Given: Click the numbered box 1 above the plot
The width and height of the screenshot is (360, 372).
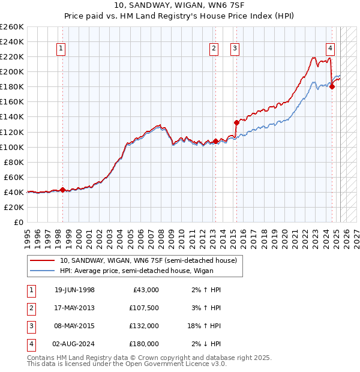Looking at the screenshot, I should coord(62,49).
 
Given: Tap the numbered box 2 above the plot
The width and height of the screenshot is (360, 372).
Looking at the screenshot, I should coord(214,49).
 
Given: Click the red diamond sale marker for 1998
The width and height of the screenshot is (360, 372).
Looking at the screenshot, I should coord(62,190).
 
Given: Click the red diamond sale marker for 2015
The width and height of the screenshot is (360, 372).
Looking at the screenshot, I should coord(236,122).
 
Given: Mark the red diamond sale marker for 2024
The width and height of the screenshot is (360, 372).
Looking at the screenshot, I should coord(332,86).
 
